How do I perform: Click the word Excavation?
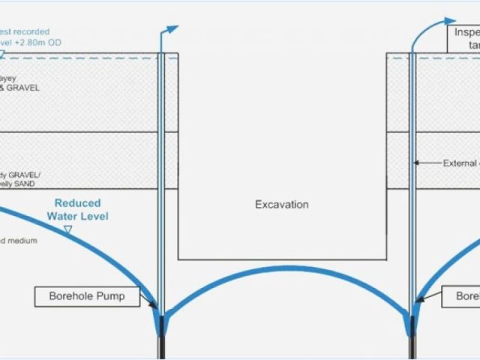click(281, 204)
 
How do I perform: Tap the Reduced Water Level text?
click(77, 210)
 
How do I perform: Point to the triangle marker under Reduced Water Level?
click(67, 230)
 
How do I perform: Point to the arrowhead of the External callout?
click(415, 162)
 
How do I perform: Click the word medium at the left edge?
click(22, 241)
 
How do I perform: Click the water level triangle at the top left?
click(3, 53)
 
